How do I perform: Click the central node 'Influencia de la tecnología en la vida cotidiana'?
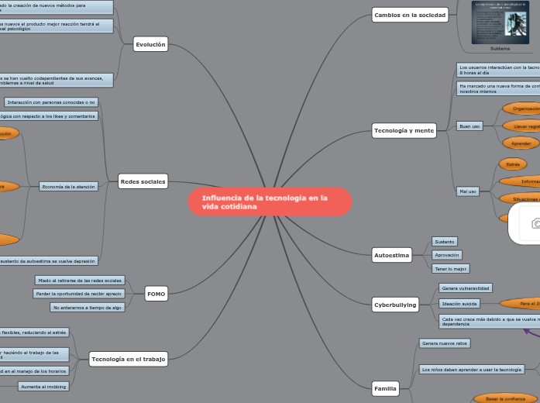click(x=270, y=202)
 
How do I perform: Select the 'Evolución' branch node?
click(x=150, y=45)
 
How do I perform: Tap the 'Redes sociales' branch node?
click(x=143, y=181)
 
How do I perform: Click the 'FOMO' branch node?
click(x=156, y=294)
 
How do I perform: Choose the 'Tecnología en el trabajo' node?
click(x=128, y=359)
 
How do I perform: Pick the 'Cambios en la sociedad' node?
click(x=410, y=15)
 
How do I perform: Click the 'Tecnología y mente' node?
click(x=404, y=130)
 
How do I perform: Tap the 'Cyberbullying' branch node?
click(x=395, y=305)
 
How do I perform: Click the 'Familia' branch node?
click(x=385, y=387)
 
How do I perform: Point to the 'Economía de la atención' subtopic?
click(x=68, y=187)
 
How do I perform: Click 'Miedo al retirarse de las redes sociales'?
click(x=80, y=280)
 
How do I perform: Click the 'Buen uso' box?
click(x=469, y=126)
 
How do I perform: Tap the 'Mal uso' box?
click(x=468, y=191)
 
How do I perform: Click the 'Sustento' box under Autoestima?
click(x=445, y=241)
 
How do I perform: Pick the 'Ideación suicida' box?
click(x=459, y=303)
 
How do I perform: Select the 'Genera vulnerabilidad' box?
click(x=465, y=288)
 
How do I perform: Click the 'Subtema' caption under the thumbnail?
click(x=500, y=48)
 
